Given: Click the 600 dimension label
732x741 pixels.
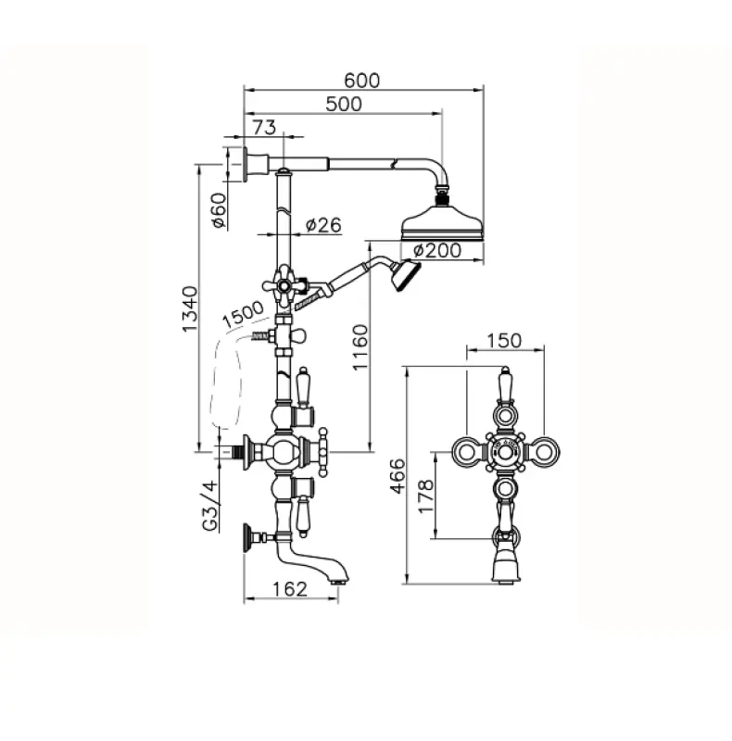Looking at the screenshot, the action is click(361, 81).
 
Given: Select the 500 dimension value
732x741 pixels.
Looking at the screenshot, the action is click(344, 104).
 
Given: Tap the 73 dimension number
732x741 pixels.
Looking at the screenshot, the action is click(264, 127).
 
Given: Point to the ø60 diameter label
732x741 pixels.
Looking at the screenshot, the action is click(219, 210).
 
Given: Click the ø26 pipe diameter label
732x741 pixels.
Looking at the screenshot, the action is click(323, 225).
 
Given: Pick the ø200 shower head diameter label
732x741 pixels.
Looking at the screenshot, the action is click(437, 250).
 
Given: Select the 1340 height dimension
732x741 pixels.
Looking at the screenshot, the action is click(190, 308).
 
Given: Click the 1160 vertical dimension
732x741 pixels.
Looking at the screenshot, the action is click(360, 347).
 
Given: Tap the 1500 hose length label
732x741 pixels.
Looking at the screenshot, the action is click(243, 315).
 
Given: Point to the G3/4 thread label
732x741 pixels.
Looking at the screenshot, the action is click(211, 505).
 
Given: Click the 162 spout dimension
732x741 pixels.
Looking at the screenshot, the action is click(290, 589).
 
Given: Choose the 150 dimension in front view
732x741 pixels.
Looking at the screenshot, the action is click(504, 341).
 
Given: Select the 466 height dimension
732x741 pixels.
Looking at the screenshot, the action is click(398, 476).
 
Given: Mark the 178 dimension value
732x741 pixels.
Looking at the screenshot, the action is click(426, 496).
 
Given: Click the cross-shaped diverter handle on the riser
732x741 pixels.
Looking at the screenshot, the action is click(284, 285).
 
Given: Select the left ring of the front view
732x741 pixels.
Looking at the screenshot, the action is click(466, 452).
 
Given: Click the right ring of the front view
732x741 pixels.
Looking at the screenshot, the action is click(544, 452).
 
